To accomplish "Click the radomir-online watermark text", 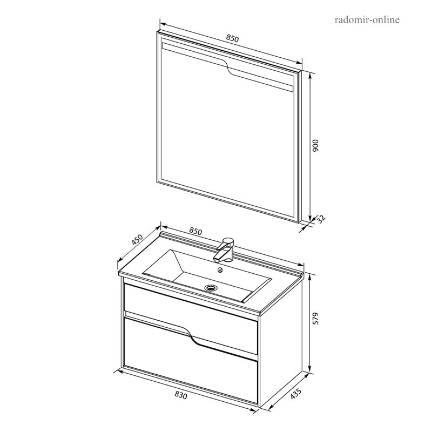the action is (367, 20).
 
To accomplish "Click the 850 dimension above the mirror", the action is (232, 38).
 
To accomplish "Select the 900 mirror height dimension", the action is (315, 145).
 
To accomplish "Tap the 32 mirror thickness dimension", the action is (321, 219).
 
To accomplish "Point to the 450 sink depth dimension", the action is (137, 240).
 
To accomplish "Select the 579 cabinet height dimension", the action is (315, 318).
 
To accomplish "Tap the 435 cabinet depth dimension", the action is (296, 394).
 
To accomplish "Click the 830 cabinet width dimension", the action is (181, 395).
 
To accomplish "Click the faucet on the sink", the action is (225, 250).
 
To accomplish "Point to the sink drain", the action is (211, 288).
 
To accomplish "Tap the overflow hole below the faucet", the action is (220, 270).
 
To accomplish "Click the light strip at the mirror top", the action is (227, 67).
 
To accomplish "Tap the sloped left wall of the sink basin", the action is (161, 263).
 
